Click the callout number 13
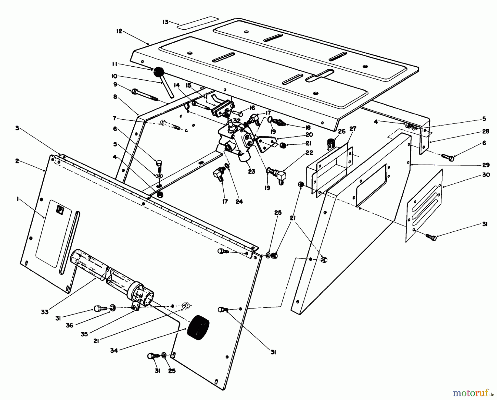[165, 22]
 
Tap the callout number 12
[119, 31]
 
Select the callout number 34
[114, 351]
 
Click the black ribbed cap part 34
[198, 325]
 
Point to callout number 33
[45, 312]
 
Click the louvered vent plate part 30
[425, 206]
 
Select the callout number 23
[251, 171]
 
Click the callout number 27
[353, 129]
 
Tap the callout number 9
[115, 84]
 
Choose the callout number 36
[70, 325]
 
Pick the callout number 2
[17, 161]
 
